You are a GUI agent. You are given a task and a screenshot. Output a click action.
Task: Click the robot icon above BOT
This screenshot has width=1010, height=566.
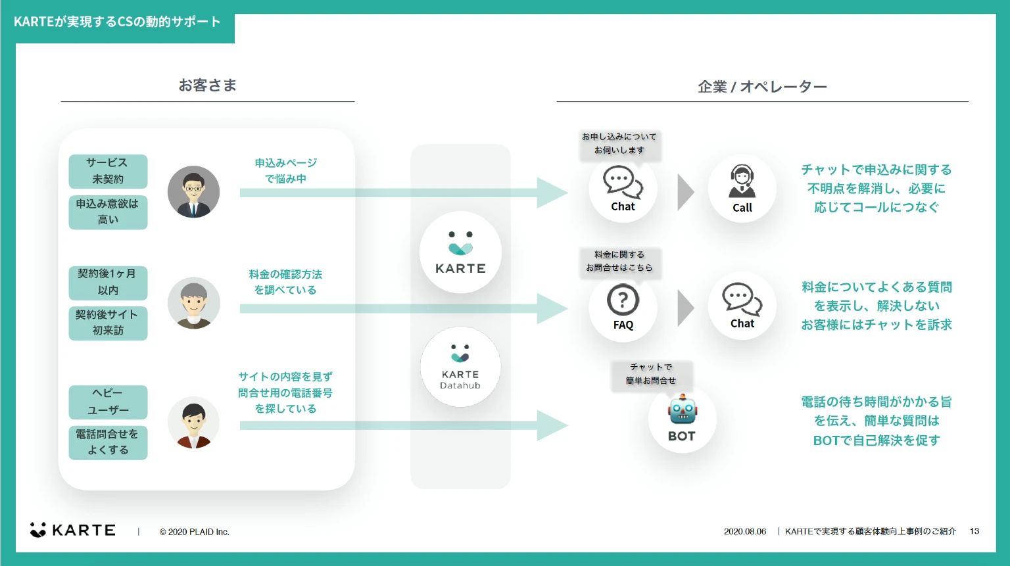[x=682, y=410]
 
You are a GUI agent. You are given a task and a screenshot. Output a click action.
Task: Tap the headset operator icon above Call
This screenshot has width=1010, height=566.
[x=742, y=181]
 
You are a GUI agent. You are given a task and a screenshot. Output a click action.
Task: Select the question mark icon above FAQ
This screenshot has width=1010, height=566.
[x=623, y=300]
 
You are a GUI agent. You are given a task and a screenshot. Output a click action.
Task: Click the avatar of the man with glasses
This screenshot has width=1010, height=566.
[x=193, y=192]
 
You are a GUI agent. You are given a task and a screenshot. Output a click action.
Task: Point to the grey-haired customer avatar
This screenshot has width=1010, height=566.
[x=193, y=303]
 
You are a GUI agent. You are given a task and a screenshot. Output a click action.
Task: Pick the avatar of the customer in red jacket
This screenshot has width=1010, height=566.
[x=193, y=423]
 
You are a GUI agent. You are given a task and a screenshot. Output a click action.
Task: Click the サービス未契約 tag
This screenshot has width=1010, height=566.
[x=108, y=171]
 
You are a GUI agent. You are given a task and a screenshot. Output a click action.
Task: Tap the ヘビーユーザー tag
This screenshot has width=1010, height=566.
[x=108, y=402]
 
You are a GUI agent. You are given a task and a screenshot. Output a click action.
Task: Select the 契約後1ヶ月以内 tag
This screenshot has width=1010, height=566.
[x=108, y=282]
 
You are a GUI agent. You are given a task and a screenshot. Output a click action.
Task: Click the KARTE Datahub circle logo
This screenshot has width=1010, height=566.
[x=460, y=367]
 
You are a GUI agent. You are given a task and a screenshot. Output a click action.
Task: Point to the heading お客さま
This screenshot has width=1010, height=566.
[x=207, y=85]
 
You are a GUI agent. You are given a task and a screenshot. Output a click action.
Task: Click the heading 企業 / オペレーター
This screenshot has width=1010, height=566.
[x=762, y=87]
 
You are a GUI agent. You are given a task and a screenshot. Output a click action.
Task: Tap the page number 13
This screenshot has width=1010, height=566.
[x=974, y=531]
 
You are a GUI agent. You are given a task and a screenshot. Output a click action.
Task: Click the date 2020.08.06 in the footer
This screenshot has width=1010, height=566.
[x=745, y=531]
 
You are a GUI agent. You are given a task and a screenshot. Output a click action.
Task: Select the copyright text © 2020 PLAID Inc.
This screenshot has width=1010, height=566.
[x=195, y=532]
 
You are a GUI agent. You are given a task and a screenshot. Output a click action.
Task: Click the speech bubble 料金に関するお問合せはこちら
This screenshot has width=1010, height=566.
[x=619, y=262]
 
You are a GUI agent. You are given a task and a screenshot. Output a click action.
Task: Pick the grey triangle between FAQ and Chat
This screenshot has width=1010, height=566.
[x=685, y=308]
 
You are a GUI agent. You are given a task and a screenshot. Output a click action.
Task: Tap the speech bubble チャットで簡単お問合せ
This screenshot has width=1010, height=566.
[x=651, y=374]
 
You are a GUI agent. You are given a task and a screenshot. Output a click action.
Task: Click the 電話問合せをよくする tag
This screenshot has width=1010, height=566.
[x=108, y=442]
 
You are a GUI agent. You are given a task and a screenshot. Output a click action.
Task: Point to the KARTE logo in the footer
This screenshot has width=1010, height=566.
[x=73, y=530]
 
